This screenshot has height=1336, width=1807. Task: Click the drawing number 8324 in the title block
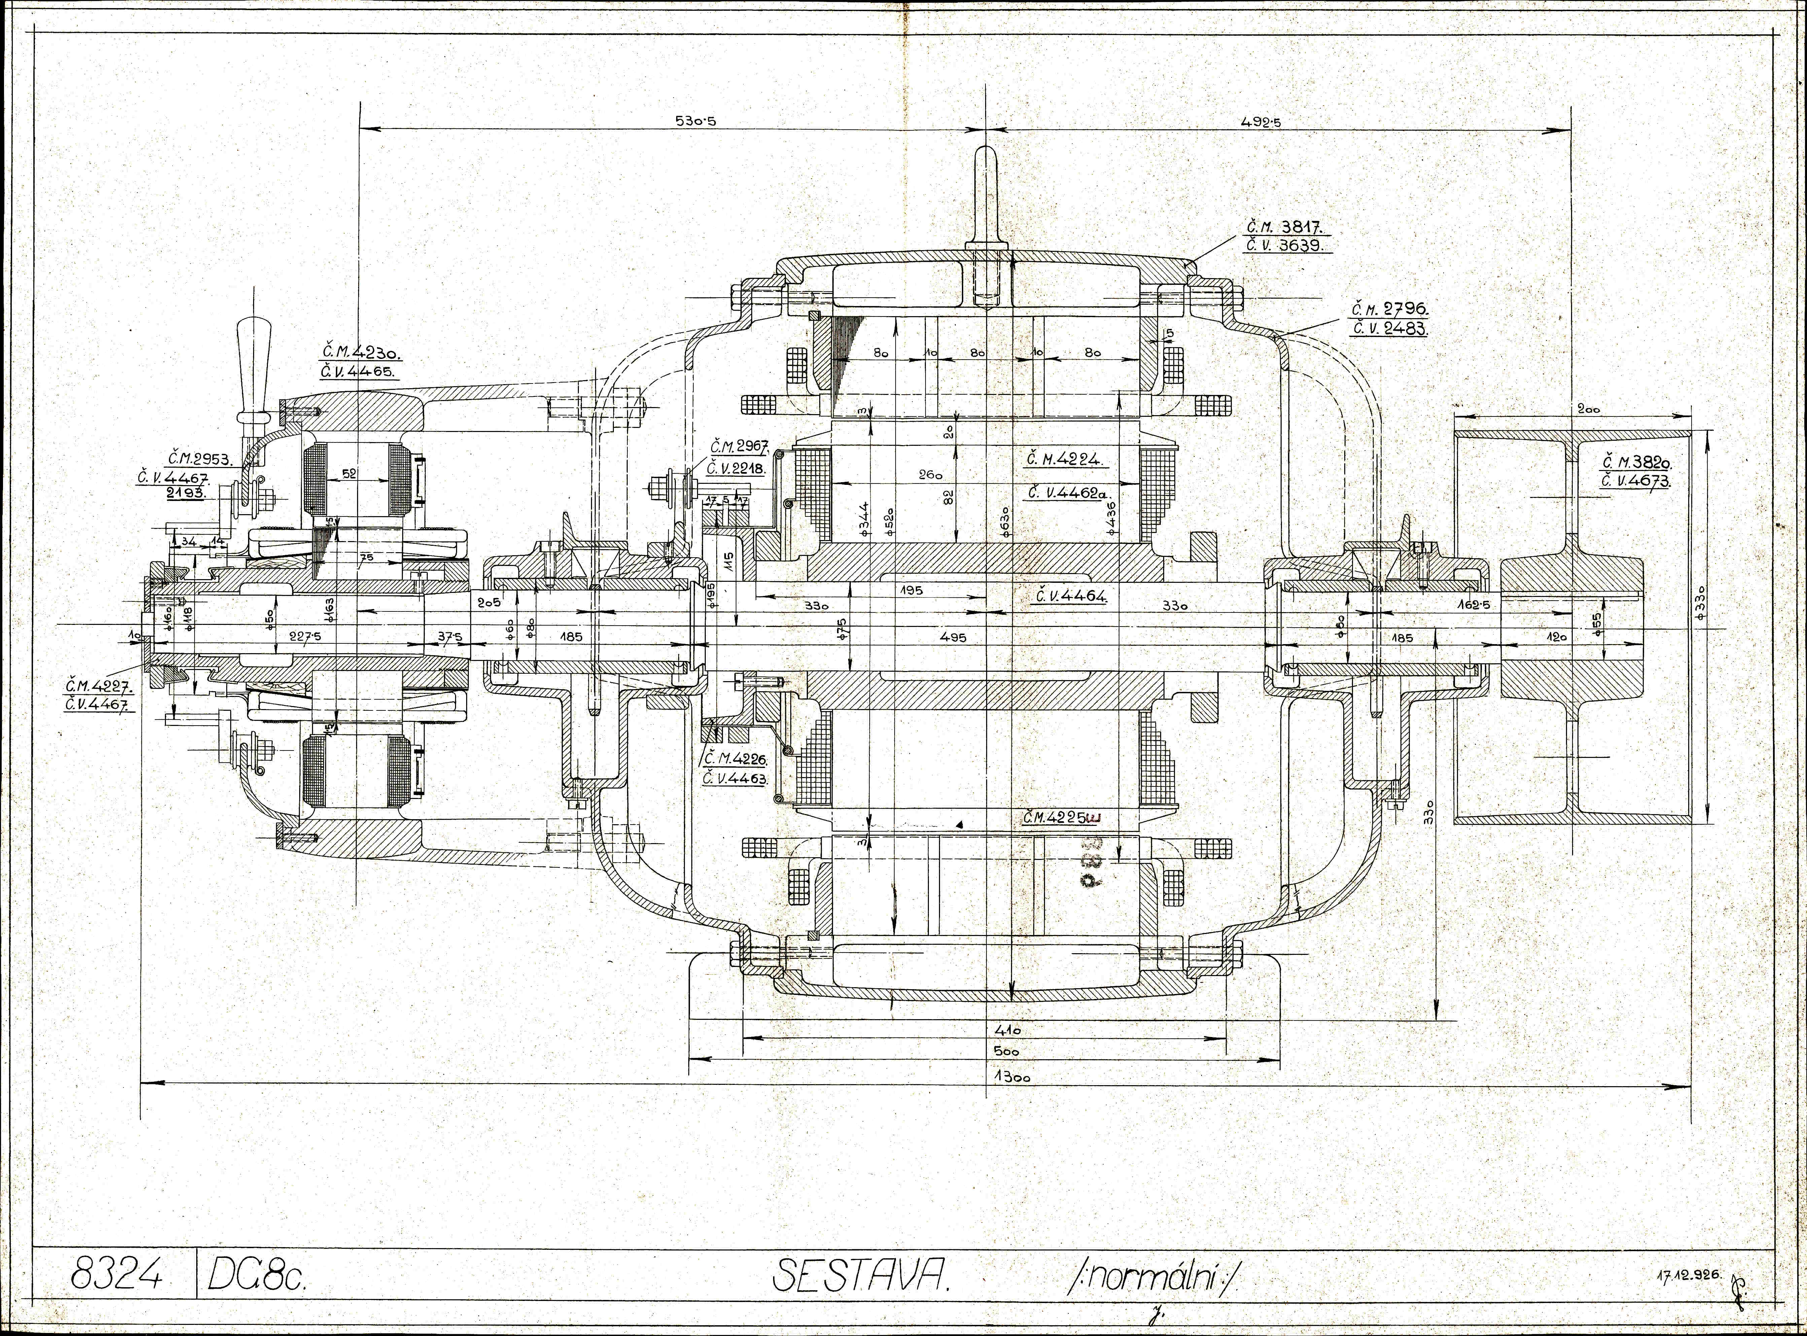pos(117,1276)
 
